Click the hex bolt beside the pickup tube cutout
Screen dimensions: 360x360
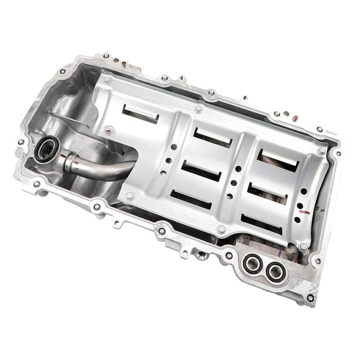point(129,195)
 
